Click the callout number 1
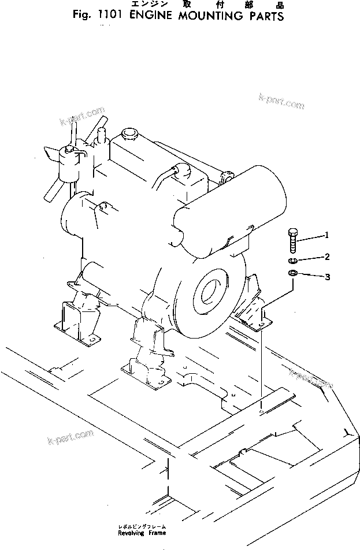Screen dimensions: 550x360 click(326, 235)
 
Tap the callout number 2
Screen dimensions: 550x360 click(327, 256)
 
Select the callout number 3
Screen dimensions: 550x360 click(327, 277)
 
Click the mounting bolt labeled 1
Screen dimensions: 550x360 click(292, 240)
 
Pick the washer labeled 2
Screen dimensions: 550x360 click(292, 260)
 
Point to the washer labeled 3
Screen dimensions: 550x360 click(292, 273)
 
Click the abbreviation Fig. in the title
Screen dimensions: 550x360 click(80, 17)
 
